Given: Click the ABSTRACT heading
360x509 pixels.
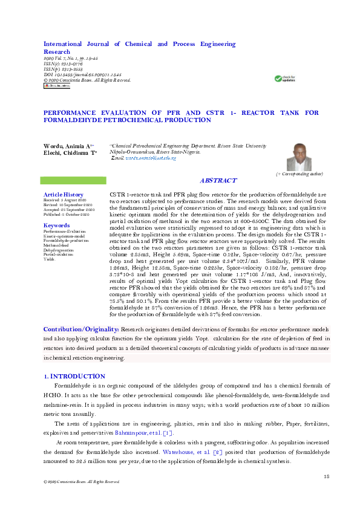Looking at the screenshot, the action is (x=218, y=181).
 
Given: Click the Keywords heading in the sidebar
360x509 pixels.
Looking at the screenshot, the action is (x=57, y=225).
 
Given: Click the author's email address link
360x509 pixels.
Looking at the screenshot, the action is (x=146, y=158).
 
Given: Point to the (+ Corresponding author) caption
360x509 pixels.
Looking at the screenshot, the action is (x=299, y=173).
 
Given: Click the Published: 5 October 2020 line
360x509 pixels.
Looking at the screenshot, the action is (x=66, y=215).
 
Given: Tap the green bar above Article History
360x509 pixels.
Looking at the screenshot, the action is (x=73, y=180).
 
